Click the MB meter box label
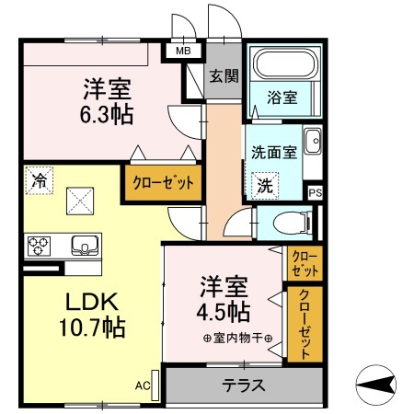coord(184,52)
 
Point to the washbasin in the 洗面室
coord(313,143)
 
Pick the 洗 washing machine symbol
coord(264,184)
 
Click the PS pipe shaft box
coord(316,192)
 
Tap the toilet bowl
coord(291,222)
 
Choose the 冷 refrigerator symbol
coord(39,180)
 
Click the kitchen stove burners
coord(40,246)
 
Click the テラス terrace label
coord(244,385)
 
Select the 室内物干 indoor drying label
coord(237,337)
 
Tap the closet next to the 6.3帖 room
coord(163,182)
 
